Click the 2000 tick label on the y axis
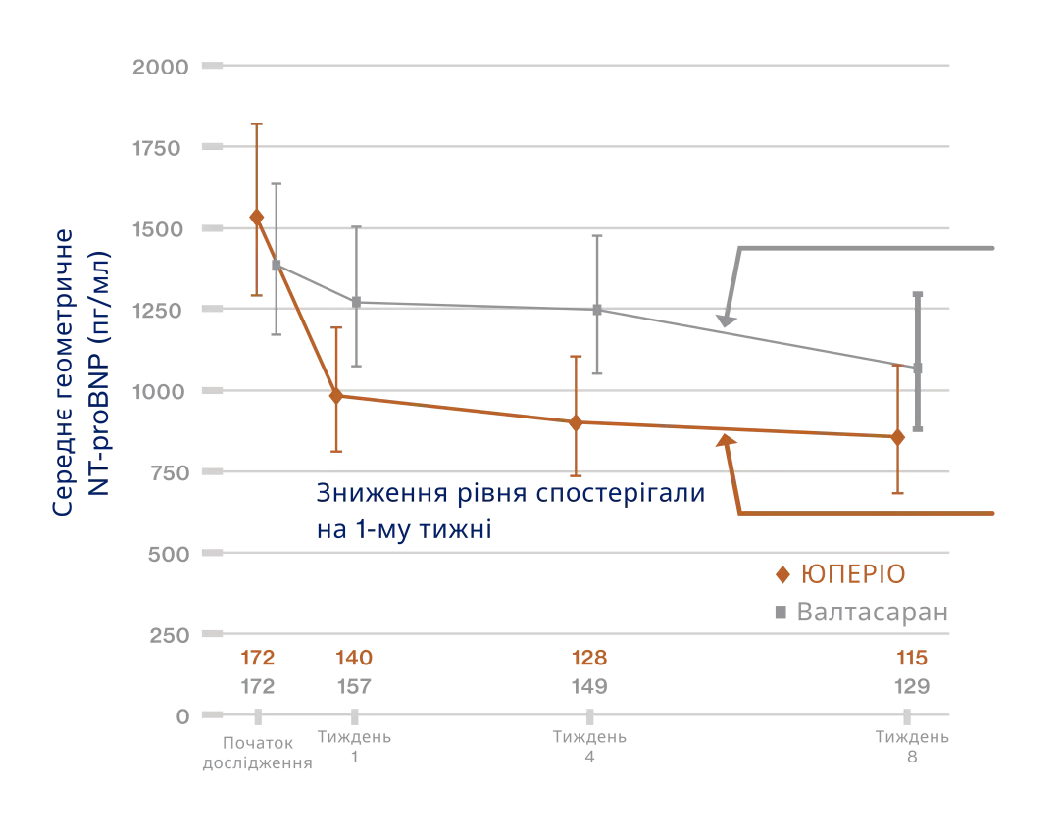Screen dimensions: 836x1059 (161, 67)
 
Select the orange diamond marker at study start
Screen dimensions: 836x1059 (257, 217)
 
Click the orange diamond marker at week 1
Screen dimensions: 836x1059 (336, 396)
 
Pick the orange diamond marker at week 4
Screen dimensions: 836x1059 (577, 422)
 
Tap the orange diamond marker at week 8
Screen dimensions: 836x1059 (898, 437)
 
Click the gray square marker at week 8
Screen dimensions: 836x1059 (918, 369)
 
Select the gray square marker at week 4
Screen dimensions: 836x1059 (596, 310)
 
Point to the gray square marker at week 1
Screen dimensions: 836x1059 (356, 302)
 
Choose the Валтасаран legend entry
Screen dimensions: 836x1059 (861, 614)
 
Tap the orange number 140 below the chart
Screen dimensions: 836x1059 (354, 657)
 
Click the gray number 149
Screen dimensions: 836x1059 (588, 686)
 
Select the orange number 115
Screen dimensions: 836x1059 (912, 657)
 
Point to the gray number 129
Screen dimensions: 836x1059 (912, 686)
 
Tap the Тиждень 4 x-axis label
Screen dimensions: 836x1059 (588, 746)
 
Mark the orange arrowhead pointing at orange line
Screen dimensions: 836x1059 (727, 441)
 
